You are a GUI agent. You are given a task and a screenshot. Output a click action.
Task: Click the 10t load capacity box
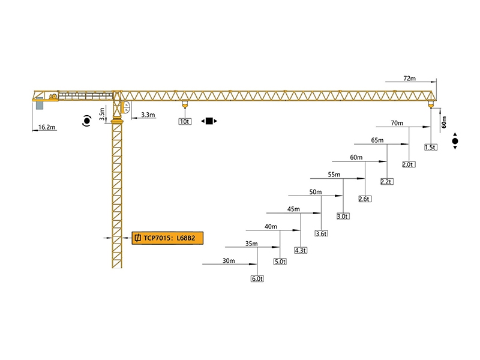pyautogui.click(x=184, y=121)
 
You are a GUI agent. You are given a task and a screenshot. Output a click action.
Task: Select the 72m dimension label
pyautogui.click(x=410, y=79)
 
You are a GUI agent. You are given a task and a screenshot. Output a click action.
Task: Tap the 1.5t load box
pyautogui.click(x=430, y=147)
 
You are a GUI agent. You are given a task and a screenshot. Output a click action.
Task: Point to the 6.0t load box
pyautogui.click(x=257, y=279)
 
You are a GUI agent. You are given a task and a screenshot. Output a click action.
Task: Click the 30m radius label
pyautogui.click(x=229, y=260)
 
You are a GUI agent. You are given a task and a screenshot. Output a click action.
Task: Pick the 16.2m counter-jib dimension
pyautogui.click(x=46, y=127)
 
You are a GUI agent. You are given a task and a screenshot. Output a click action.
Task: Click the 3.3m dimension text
pyautogui.click(x=148, y=115)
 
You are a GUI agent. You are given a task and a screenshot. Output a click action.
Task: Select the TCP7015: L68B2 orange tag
pyautogui.click(x=167, y=238)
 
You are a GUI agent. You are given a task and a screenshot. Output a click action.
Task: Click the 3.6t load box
pyautogui.click(x=322, y=233)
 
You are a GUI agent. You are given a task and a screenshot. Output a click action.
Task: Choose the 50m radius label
pyautogui.click(x=315, y=192)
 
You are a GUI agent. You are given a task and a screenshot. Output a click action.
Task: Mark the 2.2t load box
pyautogui.click(x=386, y=182)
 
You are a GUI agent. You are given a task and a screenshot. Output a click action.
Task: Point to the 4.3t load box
pyautogui.click(x=300, y=250)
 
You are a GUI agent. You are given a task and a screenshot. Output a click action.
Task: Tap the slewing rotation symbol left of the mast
pyautogui.click(x=88, y=122)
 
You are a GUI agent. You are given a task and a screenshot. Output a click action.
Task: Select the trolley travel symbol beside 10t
pyautogui.click(x=209, y=121)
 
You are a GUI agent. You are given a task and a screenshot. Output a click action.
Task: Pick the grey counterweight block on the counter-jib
pyautogui.click(x=40, y=104)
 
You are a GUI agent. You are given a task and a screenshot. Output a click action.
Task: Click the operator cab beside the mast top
pyautogui.click(x=126, y=108)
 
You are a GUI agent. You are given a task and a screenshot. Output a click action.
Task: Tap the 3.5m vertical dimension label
pyautogui.click(x=102, y=111)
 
